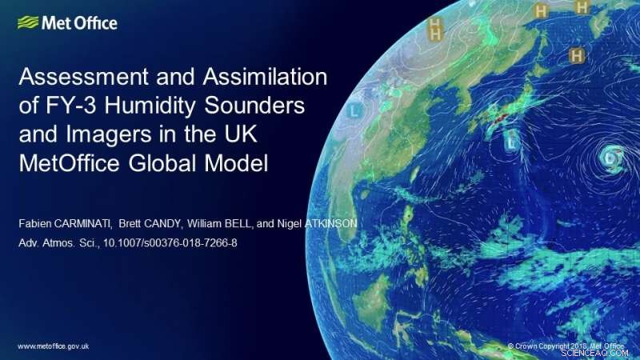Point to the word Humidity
coord(149,106)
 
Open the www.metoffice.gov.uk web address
coord(52,346)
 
